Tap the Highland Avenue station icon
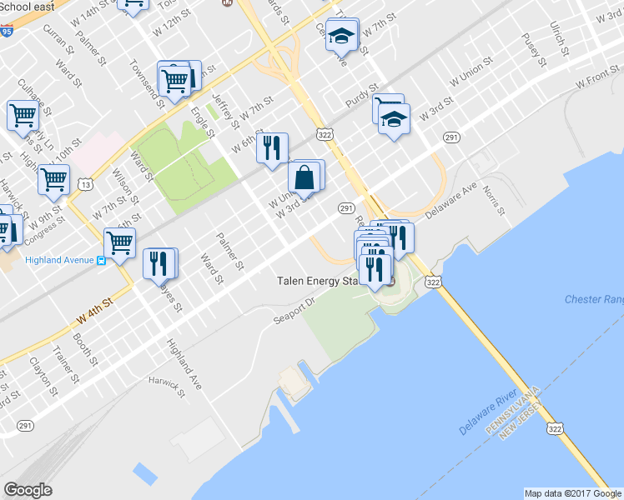[101, 260]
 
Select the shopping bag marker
[304, 177]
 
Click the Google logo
[28, 490]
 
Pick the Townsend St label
[147, 80]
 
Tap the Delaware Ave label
[450, 202]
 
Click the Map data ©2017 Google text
[571, 493]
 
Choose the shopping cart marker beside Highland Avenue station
[120, 242]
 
